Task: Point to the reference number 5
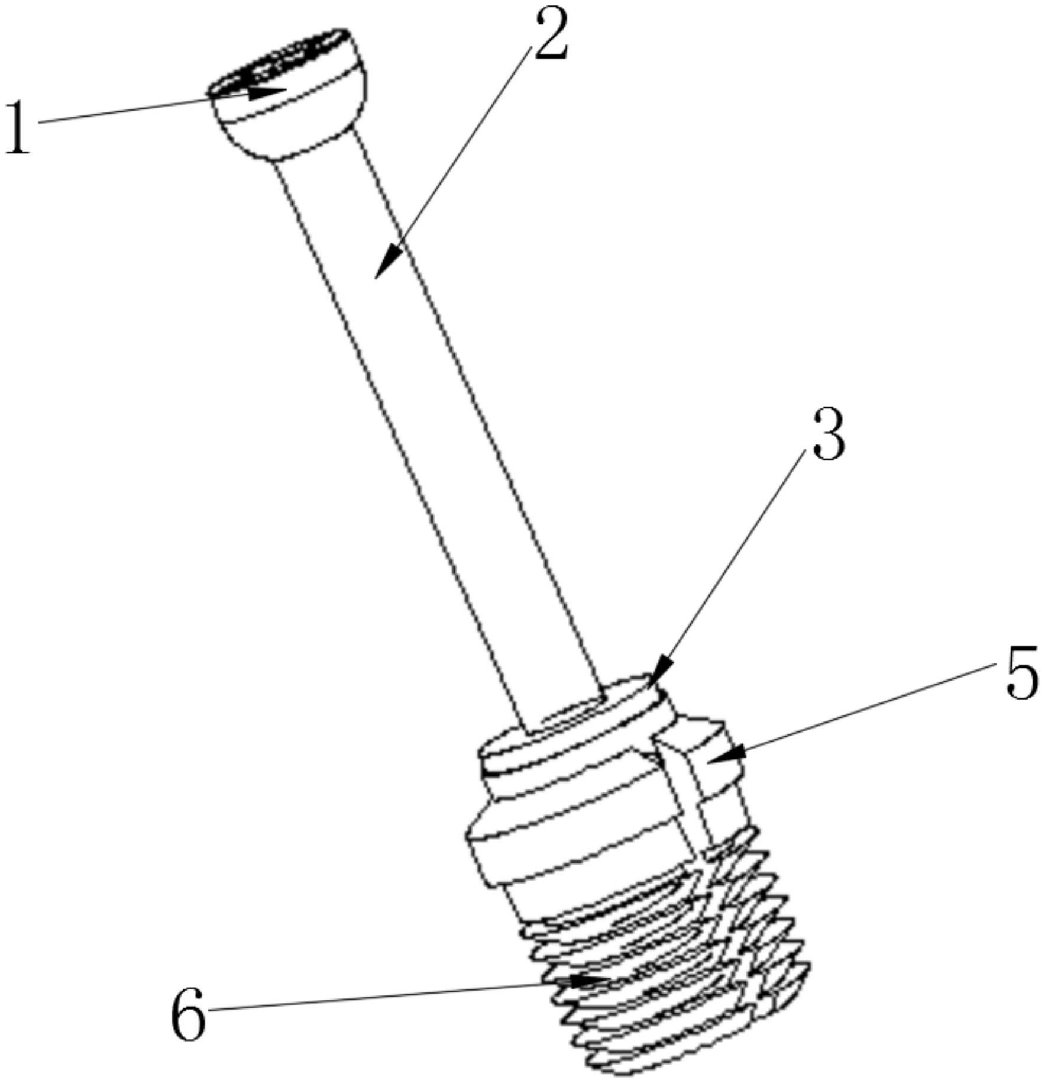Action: [1021, 673]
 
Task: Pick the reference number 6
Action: [189, 1013]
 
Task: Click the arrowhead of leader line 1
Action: [269, 92]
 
